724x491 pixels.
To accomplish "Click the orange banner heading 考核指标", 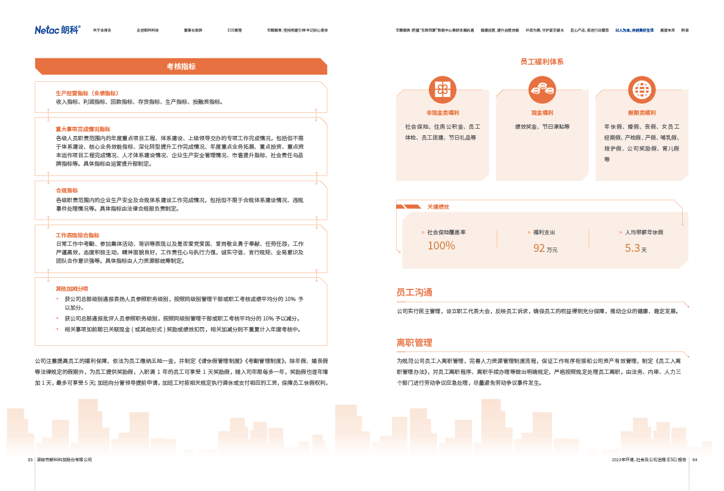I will point(181,67).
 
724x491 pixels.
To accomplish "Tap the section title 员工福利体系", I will point(542,62).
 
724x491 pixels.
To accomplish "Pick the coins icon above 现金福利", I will point(542,90).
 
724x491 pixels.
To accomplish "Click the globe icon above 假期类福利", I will point(641,90).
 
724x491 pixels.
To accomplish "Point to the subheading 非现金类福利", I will point(442,113).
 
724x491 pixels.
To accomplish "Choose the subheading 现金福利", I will point(542,113).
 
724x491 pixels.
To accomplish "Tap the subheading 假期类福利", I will point(641,113).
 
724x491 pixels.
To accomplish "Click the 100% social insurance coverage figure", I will point(441,246).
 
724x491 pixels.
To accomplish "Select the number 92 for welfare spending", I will point(539,248).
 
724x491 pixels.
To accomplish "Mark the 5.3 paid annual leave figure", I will point(632,248).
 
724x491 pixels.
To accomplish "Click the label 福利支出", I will point(544,232).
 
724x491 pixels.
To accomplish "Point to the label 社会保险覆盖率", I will point(446,232).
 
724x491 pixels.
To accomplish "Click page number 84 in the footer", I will point(695,460).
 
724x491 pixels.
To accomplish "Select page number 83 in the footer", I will point(30,460).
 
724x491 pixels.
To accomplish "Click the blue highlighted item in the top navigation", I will point(634,30).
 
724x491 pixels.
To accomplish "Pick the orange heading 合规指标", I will point(67,191).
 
